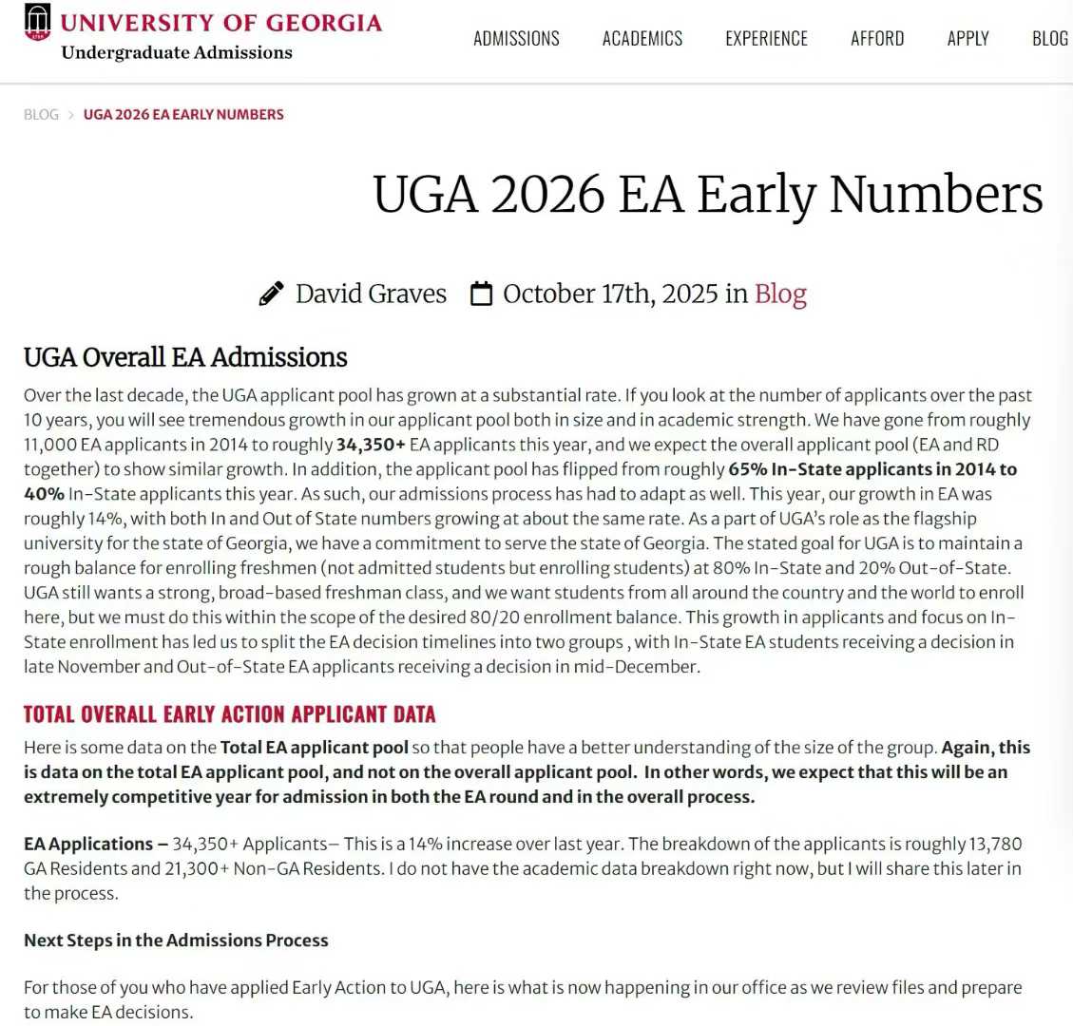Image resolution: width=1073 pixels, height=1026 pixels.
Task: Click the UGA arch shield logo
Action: pos(37,22)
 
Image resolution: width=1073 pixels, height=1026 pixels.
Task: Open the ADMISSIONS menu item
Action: pos(516,39)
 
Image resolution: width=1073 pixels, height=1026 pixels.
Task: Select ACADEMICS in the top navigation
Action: pos(642,39)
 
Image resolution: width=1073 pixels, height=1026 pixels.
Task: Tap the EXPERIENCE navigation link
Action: pos(766,39)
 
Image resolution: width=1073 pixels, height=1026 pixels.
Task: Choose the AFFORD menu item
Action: pos(877,39)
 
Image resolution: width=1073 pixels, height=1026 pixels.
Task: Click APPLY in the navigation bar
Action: pos(968,39)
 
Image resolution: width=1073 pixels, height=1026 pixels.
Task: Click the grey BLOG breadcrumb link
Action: pos(41,114)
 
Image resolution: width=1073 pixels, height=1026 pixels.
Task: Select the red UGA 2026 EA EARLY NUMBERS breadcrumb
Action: pos(183,114)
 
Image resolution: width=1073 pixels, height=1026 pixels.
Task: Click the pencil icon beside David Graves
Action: pos(271,294)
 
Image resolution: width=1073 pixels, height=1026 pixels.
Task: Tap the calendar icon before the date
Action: pos(482,294)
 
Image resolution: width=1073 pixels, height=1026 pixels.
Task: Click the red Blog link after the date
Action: pos(780,294)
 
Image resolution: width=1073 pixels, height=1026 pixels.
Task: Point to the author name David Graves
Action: pos(371,294)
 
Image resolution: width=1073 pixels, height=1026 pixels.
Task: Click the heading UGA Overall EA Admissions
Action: pos(185,357)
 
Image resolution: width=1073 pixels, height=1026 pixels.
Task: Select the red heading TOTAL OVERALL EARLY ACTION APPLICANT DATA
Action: pos(229,714)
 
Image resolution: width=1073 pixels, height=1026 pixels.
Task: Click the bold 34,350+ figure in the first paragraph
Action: pos(371,445)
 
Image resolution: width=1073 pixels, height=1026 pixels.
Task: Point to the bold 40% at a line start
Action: pos(44,494)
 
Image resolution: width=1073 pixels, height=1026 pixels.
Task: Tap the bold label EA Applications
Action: pos(88,844)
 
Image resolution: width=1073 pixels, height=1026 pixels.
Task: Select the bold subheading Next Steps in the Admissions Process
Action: pos(176,940)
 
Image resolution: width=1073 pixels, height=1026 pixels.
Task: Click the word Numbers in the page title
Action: pos(935,194)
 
